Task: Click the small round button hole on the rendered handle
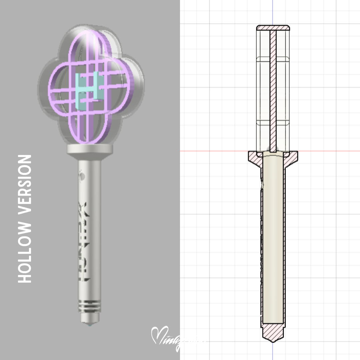(83, 175)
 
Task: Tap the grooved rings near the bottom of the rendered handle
(89, 306)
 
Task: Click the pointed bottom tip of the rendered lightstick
(89, 324)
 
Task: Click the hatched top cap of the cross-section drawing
(273, 28)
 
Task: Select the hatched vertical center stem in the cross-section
(273, 90)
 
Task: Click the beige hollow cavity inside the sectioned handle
(273, 240)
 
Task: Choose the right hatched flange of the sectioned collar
(292, 156)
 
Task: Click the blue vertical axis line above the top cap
(273, 12)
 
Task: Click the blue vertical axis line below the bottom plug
(273, 352)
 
